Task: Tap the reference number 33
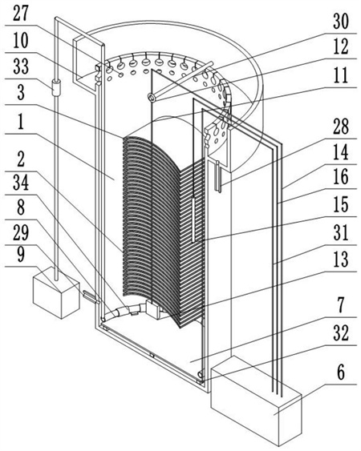tap(21, 66)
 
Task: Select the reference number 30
tap(341, 21)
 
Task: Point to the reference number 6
tap(341, 372)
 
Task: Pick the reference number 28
tap(341, 127)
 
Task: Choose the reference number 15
tap(341, 205)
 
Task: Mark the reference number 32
tap(341, 332)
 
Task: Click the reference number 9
tap(21, 254)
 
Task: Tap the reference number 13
tap(341, 260)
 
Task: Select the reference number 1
tap(21, 123)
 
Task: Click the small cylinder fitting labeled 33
tap(56, 87)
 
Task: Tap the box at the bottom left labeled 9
tap(56, 292)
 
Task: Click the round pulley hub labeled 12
tap(152, 98)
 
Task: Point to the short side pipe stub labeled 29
tap(91, 297)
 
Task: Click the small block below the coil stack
tap(154, 309)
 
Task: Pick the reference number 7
tap(341, 305)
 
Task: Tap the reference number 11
tap(341, 74)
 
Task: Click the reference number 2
tap(21, 159)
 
